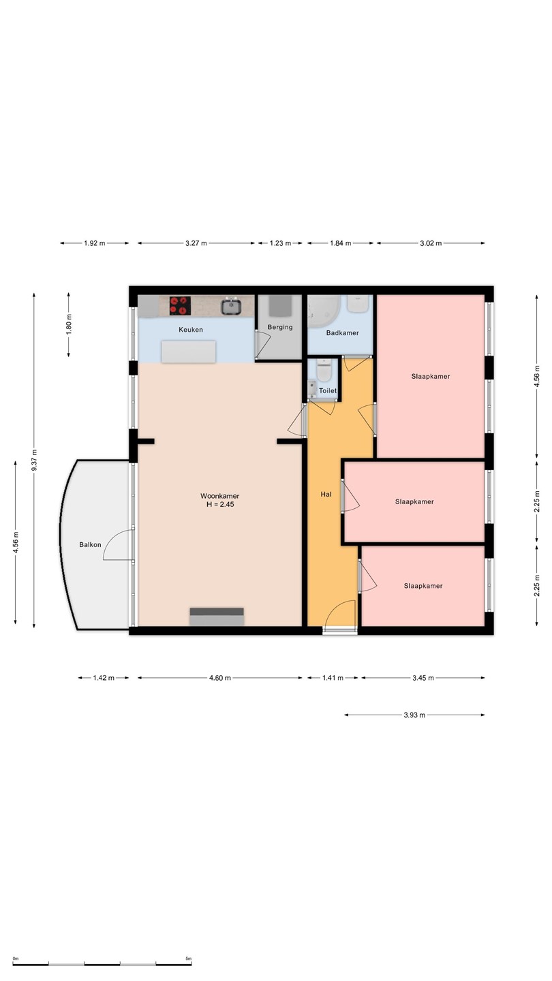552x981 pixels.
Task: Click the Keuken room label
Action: [x=191, y=330]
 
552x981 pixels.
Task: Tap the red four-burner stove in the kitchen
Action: [x=180, y=306]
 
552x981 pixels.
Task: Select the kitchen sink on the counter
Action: [x=231, y=306]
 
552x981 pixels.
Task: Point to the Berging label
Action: [x=280, y=327]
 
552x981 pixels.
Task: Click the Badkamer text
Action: [x=342, y=333]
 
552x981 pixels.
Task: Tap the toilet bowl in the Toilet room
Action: [x=324, y=371]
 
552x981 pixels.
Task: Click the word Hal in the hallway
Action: [x=326, y=495]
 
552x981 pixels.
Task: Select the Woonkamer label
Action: [x=220, y=496]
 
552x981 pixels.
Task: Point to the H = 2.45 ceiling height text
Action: [x=220, y=505]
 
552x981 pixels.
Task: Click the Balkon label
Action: [x=90, y=545]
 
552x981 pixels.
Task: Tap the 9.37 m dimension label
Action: [x=34, y=461]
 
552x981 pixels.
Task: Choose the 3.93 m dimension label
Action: [x=414, y=715]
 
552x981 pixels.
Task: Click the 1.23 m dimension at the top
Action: [x=280, y=243]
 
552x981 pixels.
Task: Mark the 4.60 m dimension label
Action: [x=220, y=678]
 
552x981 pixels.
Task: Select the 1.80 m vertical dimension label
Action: [x=68, y=325]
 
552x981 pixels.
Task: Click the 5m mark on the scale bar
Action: [x=188, y=959]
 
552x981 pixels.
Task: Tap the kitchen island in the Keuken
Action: [x=188, y=352]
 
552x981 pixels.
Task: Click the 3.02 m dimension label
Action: [x=431, y=243]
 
